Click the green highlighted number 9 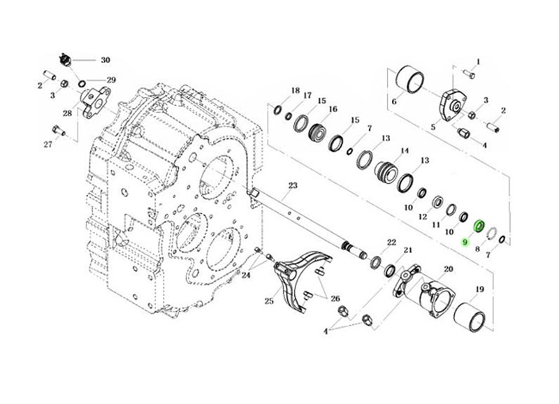465,242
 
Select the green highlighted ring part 479,225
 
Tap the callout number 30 106,60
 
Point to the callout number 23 293,185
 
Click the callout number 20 448,268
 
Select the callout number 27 48,145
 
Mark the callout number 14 404,151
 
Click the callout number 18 295,91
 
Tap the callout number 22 391,242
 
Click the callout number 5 433,127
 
